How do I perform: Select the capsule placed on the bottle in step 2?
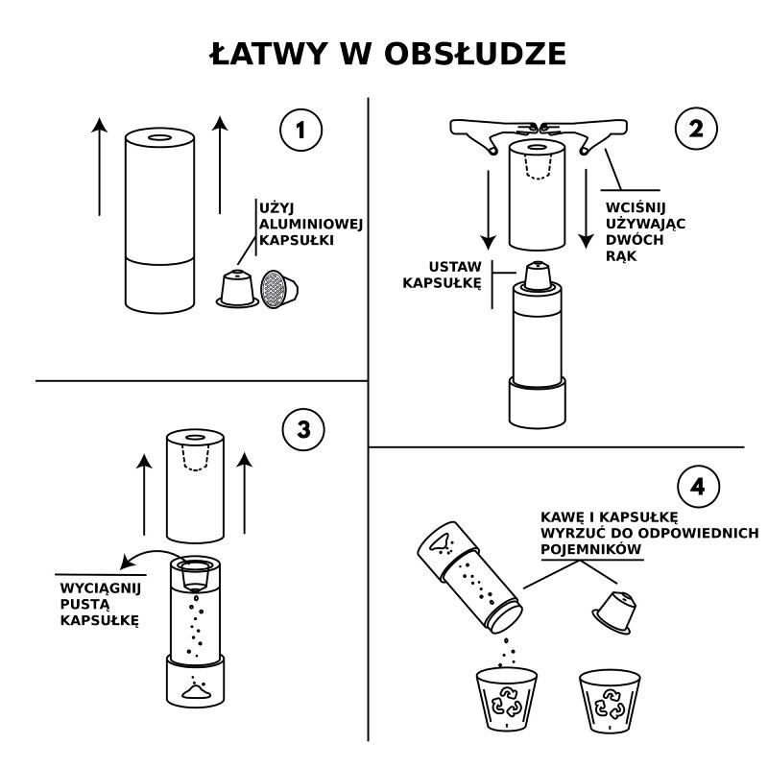coord(538,276)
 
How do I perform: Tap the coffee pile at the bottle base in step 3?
coord(198,688)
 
